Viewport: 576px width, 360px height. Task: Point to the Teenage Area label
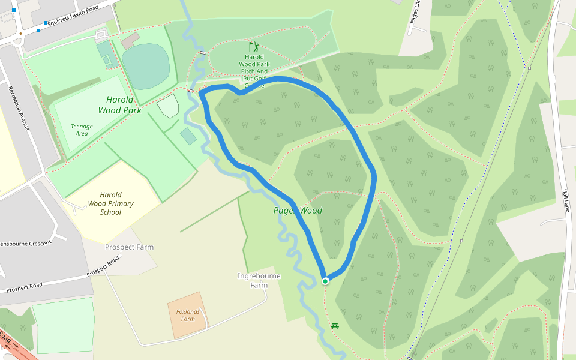[82, 130]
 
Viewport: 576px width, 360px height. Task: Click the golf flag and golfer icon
[254, 46]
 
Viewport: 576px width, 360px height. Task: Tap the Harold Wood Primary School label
[110, 203]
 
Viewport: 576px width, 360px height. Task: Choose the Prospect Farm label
[129, 247]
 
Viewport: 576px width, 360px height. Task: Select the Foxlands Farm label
[188, 315]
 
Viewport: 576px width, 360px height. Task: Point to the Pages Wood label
[298, 211]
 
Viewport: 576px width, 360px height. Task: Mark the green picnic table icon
[335, 326]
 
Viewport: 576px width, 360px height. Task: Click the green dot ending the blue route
[325, 281]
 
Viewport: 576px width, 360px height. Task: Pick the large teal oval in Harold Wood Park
[145, 66]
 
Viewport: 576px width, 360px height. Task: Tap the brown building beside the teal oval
[130, 41]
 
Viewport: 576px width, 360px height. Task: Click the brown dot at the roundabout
[20, 34]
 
